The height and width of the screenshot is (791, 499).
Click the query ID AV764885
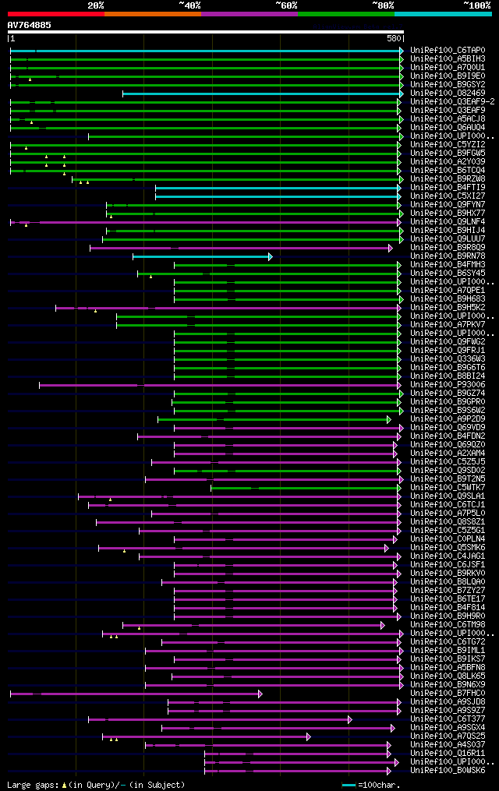click(x=30, y=25)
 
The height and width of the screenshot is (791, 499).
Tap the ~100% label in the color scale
click(x=476, y=5)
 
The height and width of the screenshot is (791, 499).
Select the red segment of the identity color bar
click(x=55, y=14)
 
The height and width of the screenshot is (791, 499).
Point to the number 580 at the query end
click(x=394, y=38)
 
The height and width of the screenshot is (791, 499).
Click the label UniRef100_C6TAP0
click(x=448, y=50)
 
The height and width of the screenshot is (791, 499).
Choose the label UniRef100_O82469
click(x=448, y=93)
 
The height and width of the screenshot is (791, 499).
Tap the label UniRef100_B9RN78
click(x=448, y=256)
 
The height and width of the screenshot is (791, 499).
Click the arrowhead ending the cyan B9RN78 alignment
click(x=271, y=256)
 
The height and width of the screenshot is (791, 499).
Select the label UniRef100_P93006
click(x=448, y=384)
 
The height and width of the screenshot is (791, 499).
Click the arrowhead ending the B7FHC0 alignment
click(x=260, y=694)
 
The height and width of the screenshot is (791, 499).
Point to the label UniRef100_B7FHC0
click(x=448, y=693)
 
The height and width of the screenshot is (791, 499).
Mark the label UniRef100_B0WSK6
click(x=448, y=770)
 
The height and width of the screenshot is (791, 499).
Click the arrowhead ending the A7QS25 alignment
click(x=309, y=736)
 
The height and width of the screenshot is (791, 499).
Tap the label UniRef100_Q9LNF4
click(x=448, y=221)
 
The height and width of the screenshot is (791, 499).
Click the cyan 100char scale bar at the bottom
click(x=349, y=785)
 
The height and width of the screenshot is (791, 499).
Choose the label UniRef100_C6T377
click(x=448, y=719)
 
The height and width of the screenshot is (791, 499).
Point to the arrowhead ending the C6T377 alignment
click(x=350, y=719)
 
